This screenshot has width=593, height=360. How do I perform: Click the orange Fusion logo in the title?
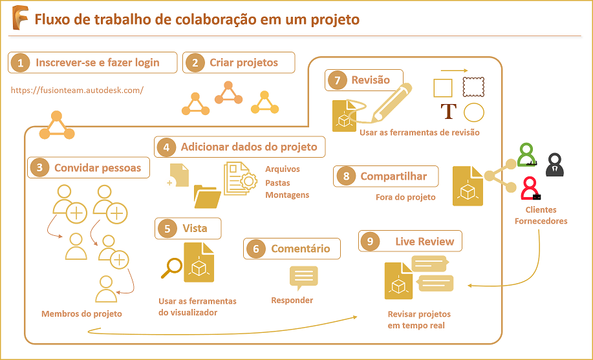tap(20, 20)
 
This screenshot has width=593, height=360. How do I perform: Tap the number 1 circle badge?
tap(21, 63)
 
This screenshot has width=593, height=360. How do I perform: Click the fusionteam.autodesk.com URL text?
tap(77, 90)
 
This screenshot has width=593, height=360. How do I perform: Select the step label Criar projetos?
tap(244, 63)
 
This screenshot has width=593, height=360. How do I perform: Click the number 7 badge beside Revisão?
tap(337, 80)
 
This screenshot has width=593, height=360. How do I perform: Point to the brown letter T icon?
tap(448, 112)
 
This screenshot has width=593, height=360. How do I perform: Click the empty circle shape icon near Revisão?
tap(474, 112)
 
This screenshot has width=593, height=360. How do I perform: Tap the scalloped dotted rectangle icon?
tap(474, 87)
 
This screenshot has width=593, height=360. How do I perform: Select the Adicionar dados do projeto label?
tap(249, 147)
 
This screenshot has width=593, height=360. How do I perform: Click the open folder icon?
tap(208, 196)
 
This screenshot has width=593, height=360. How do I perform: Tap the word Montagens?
tap(287, 195)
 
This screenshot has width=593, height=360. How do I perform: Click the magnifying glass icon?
tap(171, 267)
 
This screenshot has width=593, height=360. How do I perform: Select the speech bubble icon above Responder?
tap(303, 277)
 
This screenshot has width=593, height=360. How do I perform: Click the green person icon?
tap(528, 156)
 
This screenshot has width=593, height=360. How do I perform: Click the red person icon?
tap(530, 188)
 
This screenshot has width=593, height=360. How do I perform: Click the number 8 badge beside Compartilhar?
tap(347, 176)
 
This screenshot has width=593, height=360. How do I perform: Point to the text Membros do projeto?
tap(81, 314)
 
